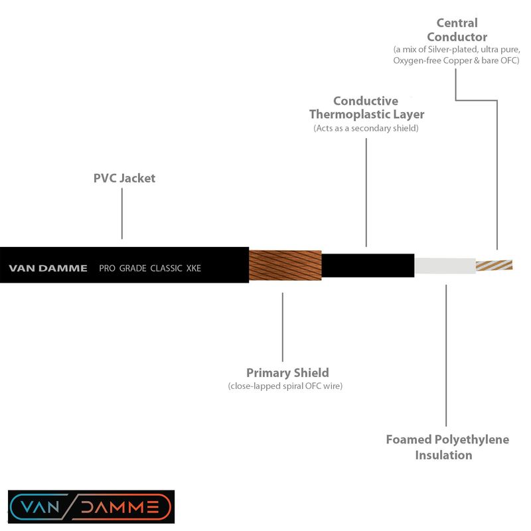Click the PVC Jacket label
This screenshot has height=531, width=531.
[x=124, y=179]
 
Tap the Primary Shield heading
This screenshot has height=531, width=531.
[x=287, y=372]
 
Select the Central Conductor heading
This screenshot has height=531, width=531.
[x=457, y=31]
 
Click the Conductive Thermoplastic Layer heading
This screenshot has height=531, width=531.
[x=366, y=108]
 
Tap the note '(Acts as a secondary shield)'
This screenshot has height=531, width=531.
[x=366, y=128]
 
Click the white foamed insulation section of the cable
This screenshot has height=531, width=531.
[x=444, y=265]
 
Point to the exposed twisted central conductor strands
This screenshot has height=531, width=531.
[x=494, y=265]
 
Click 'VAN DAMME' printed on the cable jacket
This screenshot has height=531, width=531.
[x=48, y=269]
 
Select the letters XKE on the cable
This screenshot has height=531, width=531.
[x=193, y=269]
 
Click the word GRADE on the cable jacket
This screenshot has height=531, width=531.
[x=133, y=269]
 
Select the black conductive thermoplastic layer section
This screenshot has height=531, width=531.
[x=368, y=265]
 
